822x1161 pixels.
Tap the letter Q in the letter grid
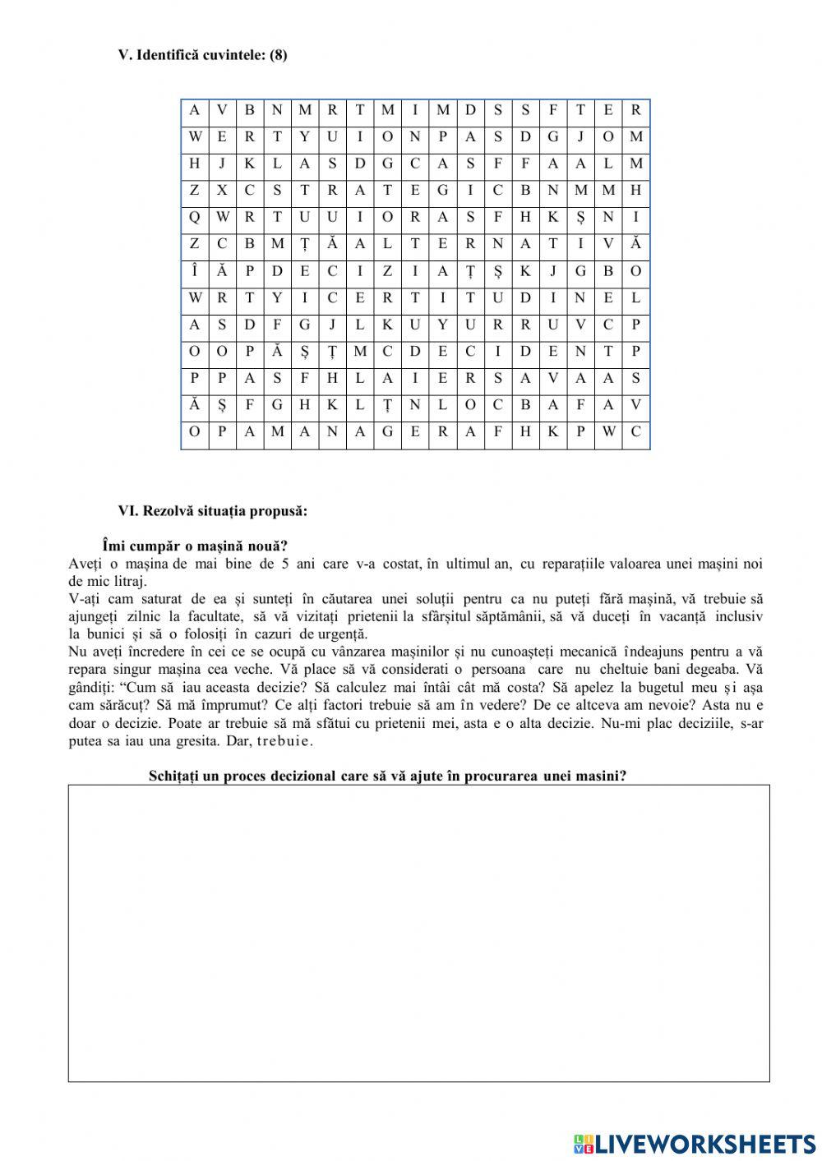195,218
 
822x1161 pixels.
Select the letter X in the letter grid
222,191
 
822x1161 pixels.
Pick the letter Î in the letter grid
195,271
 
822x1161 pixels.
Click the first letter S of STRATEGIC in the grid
277,191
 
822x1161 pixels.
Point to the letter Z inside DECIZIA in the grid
387,271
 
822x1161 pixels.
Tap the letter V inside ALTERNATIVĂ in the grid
608,244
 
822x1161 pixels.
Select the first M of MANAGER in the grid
277,432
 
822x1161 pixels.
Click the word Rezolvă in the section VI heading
168,511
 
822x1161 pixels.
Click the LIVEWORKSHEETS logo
695,1142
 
